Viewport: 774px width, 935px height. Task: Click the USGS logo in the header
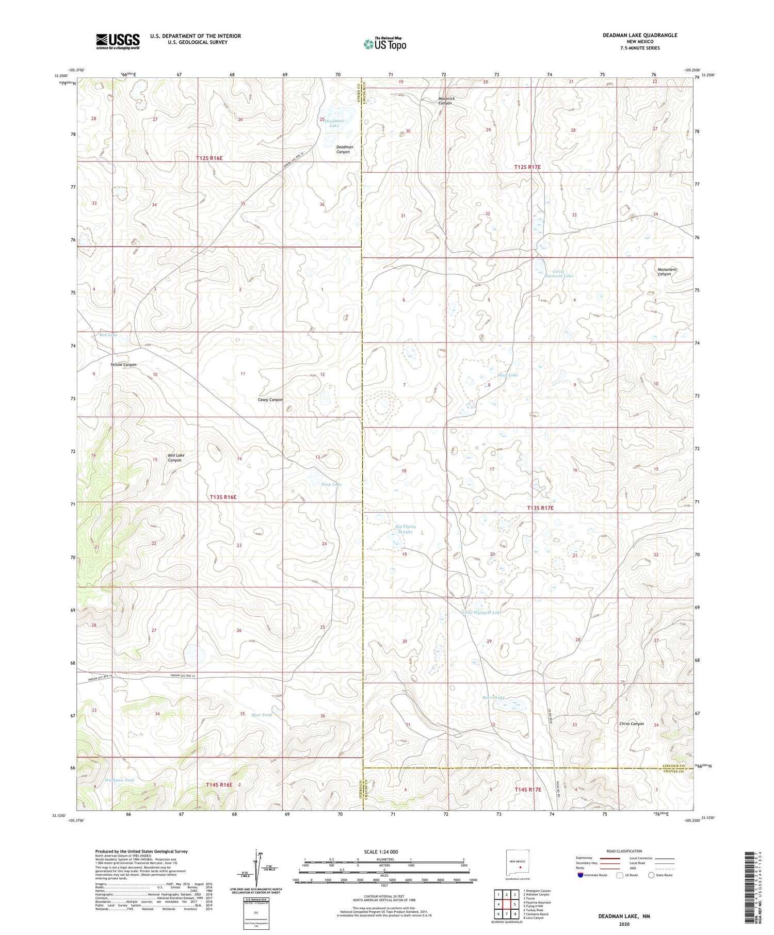pos(118,41)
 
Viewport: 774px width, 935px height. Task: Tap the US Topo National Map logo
pos(384,44)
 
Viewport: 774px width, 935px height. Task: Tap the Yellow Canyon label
pos(123,365)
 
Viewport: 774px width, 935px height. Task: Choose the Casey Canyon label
pos(270,400)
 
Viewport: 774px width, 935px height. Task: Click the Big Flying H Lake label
pos(405,529)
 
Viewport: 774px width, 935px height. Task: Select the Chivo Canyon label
pos(632,724)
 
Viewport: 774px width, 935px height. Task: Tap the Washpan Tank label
pos(119,780)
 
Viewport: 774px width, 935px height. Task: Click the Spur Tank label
pos(262,715)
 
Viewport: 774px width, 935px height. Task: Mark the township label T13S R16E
pos(223,497)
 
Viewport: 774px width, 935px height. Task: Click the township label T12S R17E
pos(527,167)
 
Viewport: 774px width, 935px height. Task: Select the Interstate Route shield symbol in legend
pos(580,875)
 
